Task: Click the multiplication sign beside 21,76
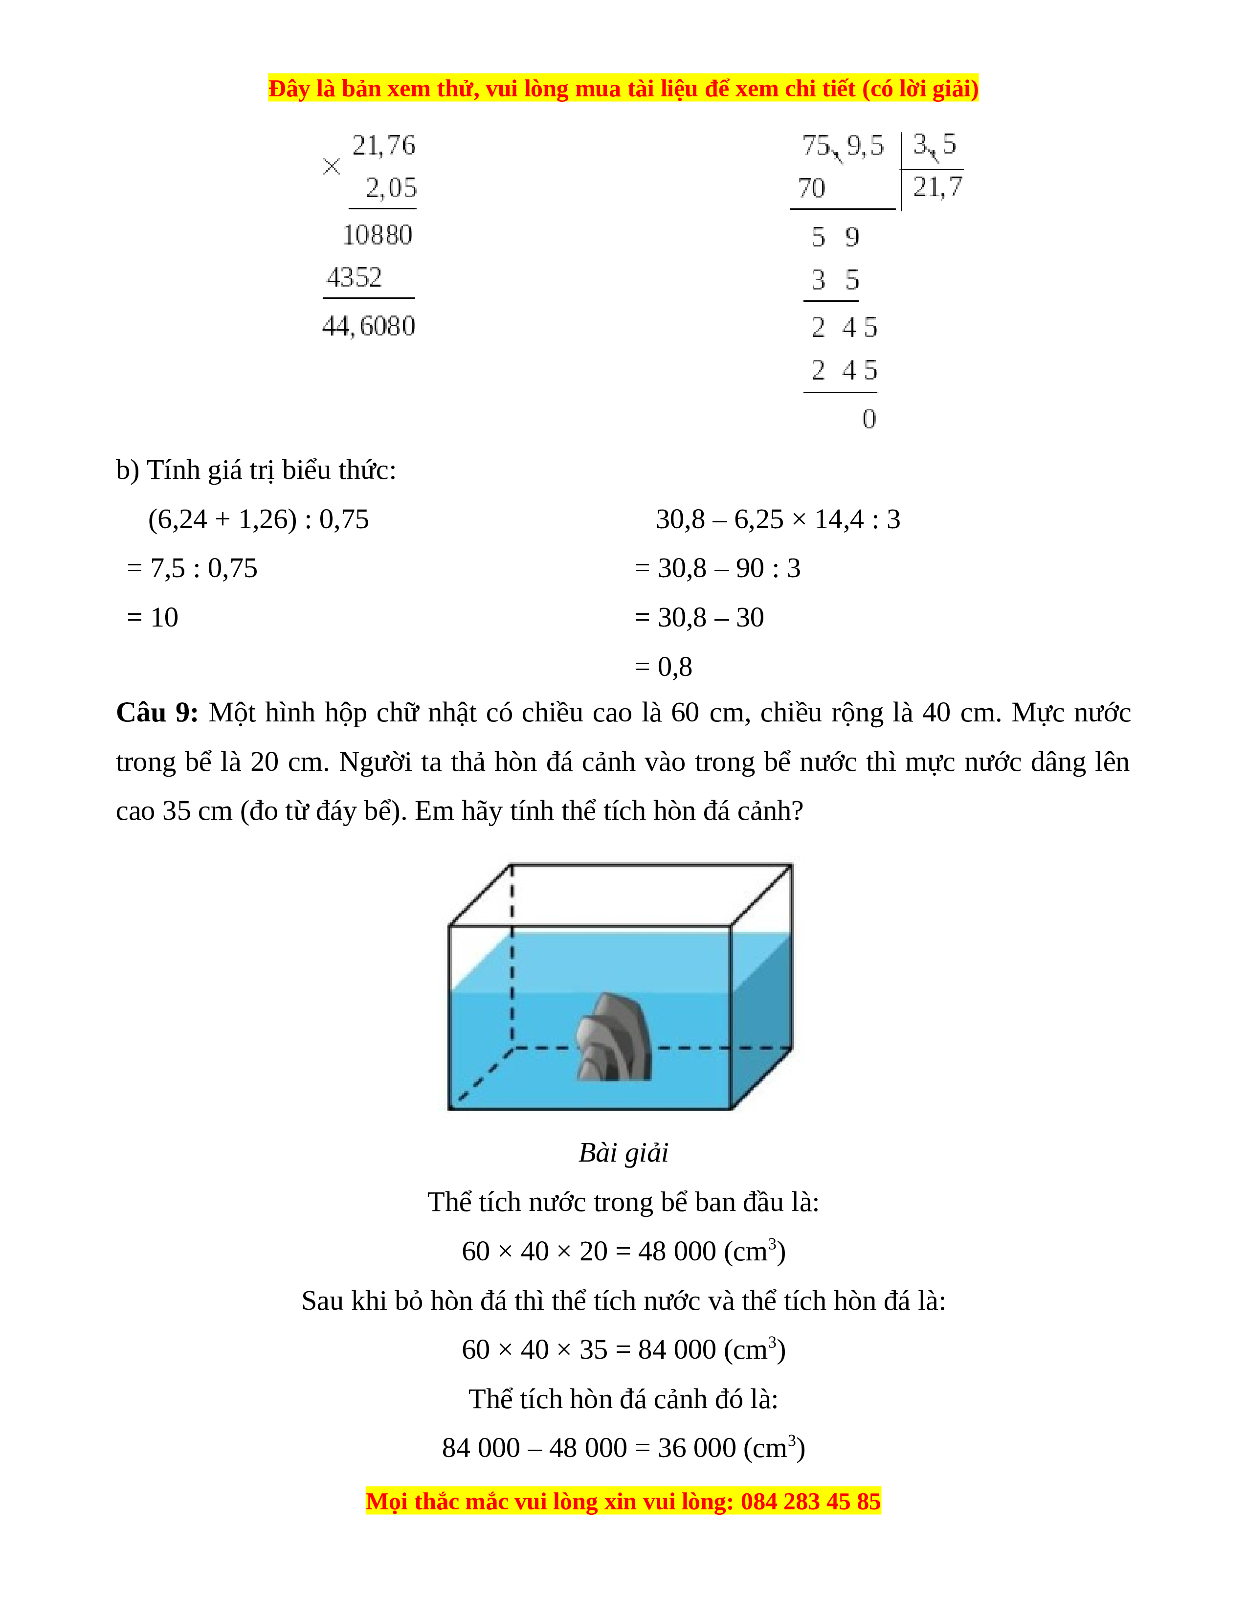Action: [x=332, y=167]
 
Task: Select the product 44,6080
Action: [x=369, y=326]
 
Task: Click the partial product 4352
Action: [x=355, y=278]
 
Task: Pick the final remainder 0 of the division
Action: [x=869, y=419]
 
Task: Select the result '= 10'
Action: [x=153, y=617]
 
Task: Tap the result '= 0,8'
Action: [x=664, y=667]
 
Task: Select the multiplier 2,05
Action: [x=391, y=188]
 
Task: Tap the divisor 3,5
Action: [x=935, y=144]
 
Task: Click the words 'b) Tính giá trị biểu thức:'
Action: [x=256, y=470]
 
